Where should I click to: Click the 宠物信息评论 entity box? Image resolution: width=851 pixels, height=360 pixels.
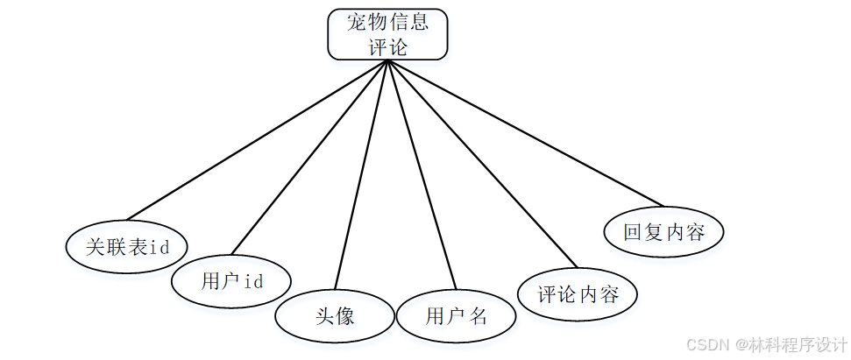pos(387,34)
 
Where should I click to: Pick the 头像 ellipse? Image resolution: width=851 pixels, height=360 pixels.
pos(335,315)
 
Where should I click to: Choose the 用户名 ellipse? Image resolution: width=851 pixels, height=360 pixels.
pos(456,315)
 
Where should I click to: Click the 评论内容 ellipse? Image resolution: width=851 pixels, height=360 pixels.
pos(578,293)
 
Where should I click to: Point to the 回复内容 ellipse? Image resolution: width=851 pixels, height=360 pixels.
pos(664,232)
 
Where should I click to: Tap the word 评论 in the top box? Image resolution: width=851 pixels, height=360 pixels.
pos(387,47)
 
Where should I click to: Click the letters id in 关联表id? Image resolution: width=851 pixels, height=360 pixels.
pos(160,247)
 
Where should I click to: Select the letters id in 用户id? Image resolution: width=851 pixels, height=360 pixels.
pos(253,281)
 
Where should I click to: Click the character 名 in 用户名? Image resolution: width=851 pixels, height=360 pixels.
pos(478,315)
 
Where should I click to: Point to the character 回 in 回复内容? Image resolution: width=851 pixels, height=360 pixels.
pos(633,232)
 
